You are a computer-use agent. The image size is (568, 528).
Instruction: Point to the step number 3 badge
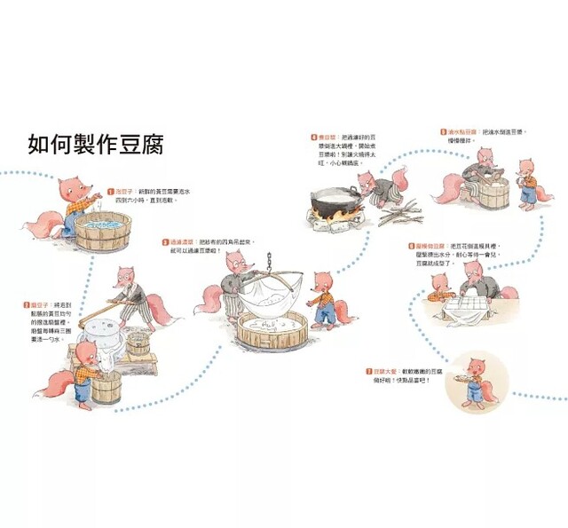click(x=165, y=241)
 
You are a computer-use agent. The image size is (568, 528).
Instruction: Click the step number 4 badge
click(x=314, y=138)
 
